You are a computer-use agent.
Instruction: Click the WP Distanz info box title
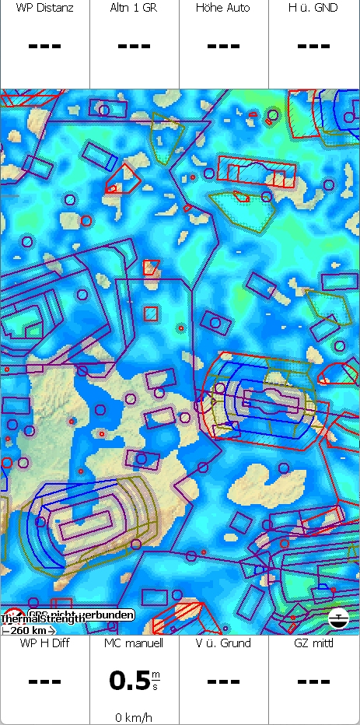[44, 8]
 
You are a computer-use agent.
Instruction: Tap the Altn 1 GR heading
[135, 8]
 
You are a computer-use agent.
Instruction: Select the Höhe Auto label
[224, 8]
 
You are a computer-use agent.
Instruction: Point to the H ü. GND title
[314, 8]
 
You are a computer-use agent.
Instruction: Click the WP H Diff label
[44, 643]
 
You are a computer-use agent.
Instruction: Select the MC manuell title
[135, 643]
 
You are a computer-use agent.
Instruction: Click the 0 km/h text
[135, 716]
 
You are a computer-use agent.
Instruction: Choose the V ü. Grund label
[224, 643]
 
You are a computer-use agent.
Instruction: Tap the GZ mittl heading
[314, 643]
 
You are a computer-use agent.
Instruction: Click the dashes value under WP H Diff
[44, 681]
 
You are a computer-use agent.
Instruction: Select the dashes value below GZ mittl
[314, 681]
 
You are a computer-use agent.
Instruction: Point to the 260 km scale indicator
[28, 630]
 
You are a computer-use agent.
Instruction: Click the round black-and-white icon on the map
[338, 618]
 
